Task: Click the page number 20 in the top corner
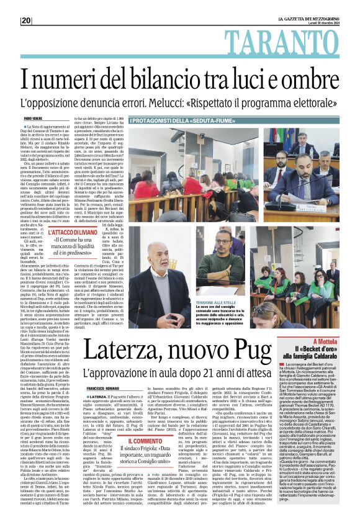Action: [x=27, y=20]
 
